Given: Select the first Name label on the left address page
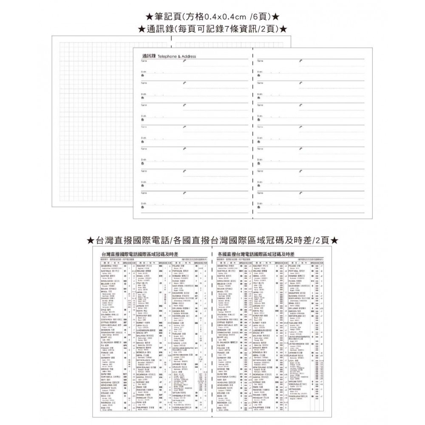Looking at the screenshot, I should click(143, 61).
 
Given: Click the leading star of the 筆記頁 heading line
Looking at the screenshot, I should click(149, 17).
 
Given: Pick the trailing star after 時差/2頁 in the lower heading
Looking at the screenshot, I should click(334, 241).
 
